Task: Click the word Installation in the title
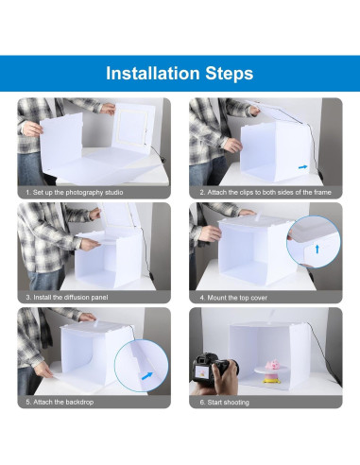click(153, 73)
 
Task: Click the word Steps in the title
click(230, 74)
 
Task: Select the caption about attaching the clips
click(266, 192)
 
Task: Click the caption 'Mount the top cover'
click(233, 298)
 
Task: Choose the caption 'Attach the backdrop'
click(60, 402)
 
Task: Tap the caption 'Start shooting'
click(224, 403)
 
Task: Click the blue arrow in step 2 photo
click(302, 167)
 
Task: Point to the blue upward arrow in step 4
click(317, 249)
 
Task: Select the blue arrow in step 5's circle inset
click(147, 376)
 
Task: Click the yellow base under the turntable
click(272, 380)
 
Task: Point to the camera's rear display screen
click(201, 373)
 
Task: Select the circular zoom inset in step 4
click(314, 242)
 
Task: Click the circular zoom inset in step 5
click(141, 366)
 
